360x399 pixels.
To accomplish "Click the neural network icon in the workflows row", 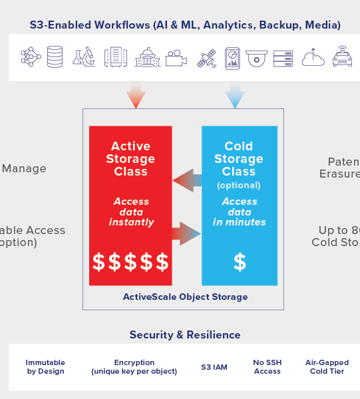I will click(x=31, y=57).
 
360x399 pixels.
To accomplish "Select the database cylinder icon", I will click(x=55, y=57).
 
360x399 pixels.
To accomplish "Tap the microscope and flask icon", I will click(x=83, y=57).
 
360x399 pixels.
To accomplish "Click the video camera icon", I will click(x=176, y=57).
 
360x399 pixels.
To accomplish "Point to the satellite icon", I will click(x=207, y=58).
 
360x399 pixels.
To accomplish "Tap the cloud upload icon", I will click(x=313, y=57).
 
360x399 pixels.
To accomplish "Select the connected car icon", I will click(x=342, y=57).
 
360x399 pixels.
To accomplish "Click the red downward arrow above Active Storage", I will click(x=136, y=96).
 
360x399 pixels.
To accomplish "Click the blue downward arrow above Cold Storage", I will click(x=235, y=96).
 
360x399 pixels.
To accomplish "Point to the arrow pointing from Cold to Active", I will click(x=187, y=180).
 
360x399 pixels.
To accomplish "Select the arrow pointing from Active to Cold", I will click(x=187, y=234).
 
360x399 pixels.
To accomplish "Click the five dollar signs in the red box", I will click(x=130, y=262).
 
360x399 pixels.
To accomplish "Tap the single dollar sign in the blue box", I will click(x=240, y=262).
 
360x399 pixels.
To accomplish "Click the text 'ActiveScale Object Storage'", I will click(x=185, y=297).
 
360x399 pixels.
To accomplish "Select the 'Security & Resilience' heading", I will click(x=185, y=334).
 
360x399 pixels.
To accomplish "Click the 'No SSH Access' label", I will click(x=267, y=367).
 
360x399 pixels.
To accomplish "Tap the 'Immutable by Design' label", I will click(x=45, y=367).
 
